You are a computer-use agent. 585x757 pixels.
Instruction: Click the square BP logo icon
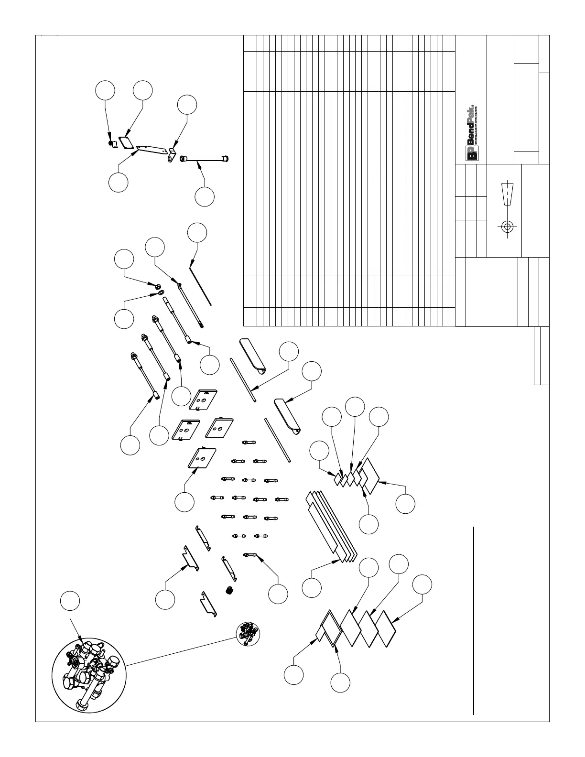point(472,153)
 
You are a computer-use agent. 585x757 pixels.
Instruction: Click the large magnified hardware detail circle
point(89,674)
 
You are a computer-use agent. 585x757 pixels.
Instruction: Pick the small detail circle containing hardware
point(248,634)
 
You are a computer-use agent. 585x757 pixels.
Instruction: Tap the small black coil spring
point(229,591)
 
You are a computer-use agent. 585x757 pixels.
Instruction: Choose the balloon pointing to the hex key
point(197,232)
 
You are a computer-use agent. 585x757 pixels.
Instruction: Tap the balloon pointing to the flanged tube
point(205,197)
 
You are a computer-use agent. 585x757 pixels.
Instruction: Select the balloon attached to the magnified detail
point(70,601)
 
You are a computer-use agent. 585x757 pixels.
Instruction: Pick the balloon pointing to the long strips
point(312,587)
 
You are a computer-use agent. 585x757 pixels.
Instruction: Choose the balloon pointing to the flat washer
point(124,319)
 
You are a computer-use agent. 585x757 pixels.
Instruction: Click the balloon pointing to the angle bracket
point(187,105)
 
